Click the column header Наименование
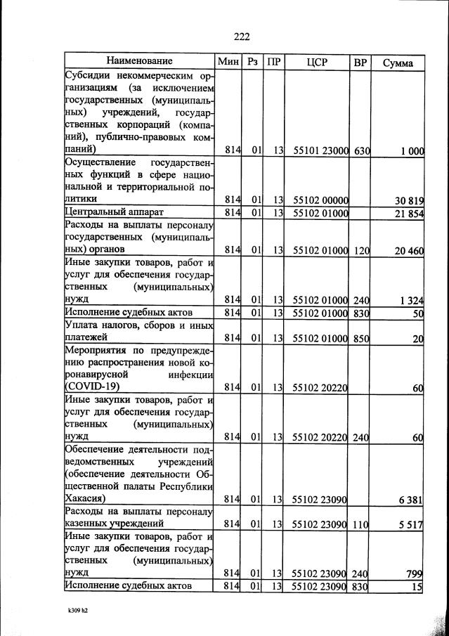[140, 61]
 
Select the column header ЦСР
[318, 62]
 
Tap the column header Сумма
[398, 63]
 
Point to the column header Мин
[228, 62]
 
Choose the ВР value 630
[361, 150]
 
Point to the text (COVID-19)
[93, 387]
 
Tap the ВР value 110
[361, 524]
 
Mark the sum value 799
[414, 574]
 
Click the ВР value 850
[361, 338]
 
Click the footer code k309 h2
[72, 610]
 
